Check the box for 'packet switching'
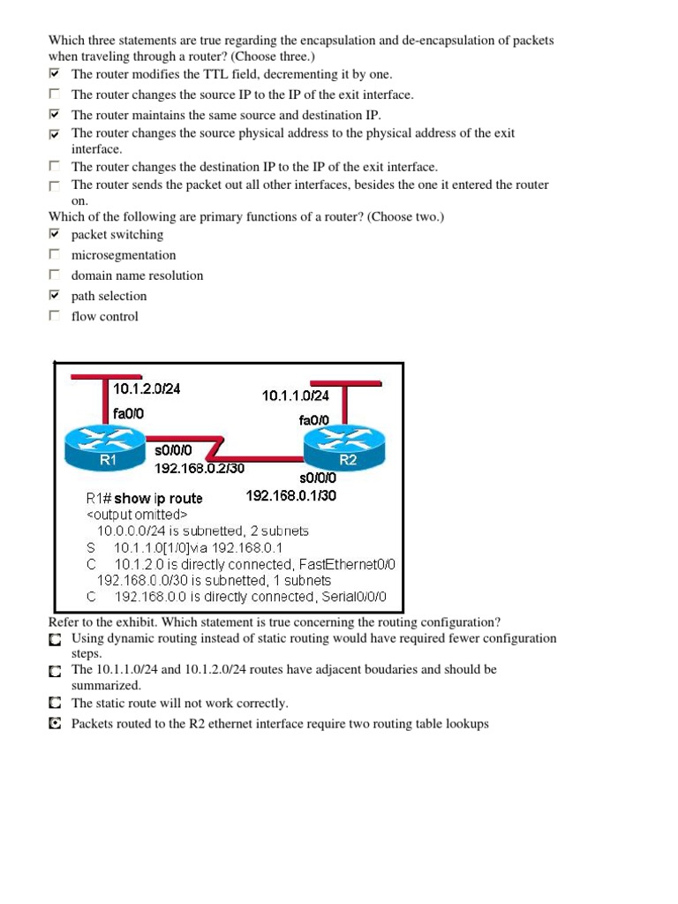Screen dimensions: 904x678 [x=55, y=235]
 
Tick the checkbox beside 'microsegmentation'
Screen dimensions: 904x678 [x=55, y=255]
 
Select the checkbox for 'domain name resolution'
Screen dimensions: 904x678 [x=55, y=275]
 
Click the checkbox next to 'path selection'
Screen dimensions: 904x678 [x=55, y=296]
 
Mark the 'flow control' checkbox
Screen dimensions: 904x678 [x=55, y=316]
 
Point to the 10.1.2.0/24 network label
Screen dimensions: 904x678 [x=147, y=388]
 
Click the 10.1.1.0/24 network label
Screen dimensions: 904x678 [x=296, y=396]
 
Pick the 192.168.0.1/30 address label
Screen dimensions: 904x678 [x=290, y=495]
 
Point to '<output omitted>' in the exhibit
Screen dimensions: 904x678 [x=137, y=515]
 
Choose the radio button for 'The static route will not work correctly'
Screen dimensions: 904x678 [x=55, y=704]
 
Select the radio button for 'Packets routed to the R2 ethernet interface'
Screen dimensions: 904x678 [x=55, y=724]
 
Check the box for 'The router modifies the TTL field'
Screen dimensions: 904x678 [x=55, y=74]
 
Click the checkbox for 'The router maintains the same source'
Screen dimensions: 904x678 [x=55, y=115]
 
